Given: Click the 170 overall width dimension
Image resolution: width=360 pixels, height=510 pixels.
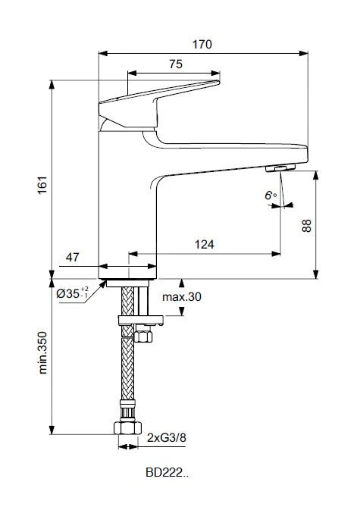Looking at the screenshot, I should coord(202,44).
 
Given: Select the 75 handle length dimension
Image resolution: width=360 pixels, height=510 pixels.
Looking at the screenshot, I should coord(175,65).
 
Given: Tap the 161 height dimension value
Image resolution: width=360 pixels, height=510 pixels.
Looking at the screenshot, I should coord(42,184).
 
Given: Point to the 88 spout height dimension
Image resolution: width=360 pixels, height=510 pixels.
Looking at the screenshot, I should coord(306,225).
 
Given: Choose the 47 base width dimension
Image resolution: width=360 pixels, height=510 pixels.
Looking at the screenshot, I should coord(73,258).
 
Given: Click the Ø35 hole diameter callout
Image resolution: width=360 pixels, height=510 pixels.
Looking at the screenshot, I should coord(73,293).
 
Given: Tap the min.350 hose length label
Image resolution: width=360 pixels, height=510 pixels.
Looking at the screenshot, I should coord(43,352).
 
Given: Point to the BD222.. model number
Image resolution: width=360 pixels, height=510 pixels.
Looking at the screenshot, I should coord(167,473).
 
